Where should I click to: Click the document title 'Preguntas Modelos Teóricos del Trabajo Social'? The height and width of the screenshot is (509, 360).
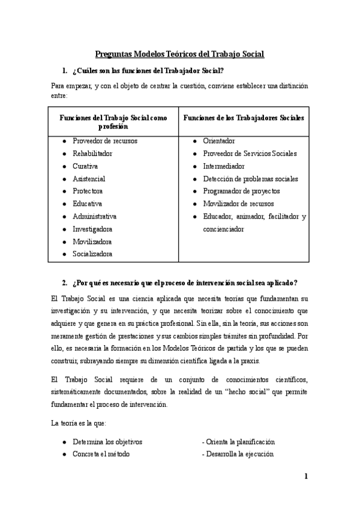(x=180, y=54)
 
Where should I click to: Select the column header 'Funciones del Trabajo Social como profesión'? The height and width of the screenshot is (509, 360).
(x=113, y=122)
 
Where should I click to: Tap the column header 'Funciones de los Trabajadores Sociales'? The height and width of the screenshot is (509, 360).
(x=243, y=118)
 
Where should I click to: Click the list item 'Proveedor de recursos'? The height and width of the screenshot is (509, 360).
(x=104, y=141)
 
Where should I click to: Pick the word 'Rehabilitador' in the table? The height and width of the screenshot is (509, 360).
(x=92, y=154)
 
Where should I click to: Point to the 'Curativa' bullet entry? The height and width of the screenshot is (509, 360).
(x=85, y=166)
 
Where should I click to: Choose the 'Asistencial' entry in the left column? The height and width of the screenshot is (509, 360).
(x=89, y=179)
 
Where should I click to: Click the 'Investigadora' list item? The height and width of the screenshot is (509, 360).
(x=92, y=229)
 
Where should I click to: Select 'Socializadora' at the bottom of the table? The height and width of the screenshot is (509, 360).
(x=92, y=254)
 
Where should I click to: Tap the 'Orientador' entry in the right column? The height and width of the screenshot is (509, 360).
(x=219, y=141)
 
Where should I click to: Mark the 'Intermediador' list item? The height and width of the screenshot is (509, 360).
(x=224, y=166)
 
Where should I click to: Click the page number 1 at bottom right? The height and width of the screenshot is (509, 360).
(x=306, y=477)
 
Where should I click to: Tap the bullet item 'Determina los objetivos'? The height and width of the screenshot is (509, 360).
(x=107, y=442)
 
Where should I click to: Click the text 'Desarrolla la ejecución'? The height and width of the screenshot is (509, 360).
(x=240, y=454)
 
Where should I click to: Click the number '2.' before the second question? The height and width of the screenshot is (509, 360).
(x=65, y=283)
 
